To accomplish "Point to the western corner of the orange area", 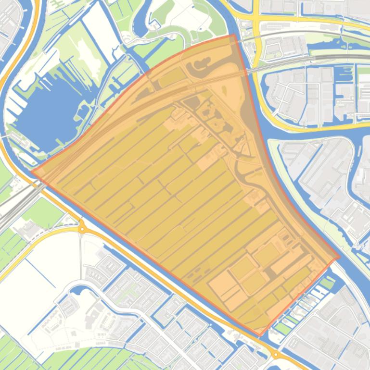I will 32,171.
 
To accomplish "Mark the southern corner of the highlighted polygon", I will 260,335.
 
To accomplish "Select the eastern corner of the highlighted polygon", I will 339,256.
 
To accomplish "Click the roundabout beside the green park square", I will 82,229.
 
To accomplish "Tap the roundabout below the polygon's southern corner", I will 276,355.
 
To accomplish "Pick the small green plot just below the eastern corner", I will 327,284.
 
